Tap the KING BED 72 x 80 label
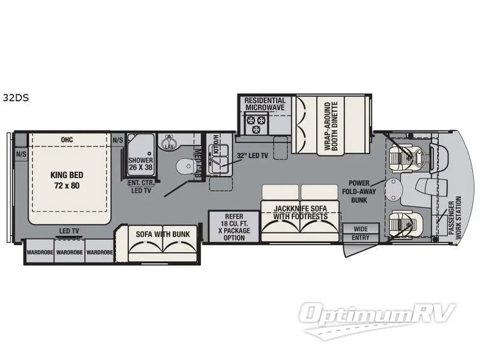coord(67,180)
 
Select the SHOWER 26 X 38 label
coord(141,164)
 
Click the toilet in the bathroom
coord(182,166)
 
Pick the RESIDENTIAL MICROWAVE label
coord(265,104)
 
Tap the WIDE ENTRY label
coord(361,233)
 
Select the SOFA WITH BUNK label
coord(163,233)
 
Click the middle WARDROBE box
coord(70,253)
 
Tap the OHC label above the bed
coord(67,140)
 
